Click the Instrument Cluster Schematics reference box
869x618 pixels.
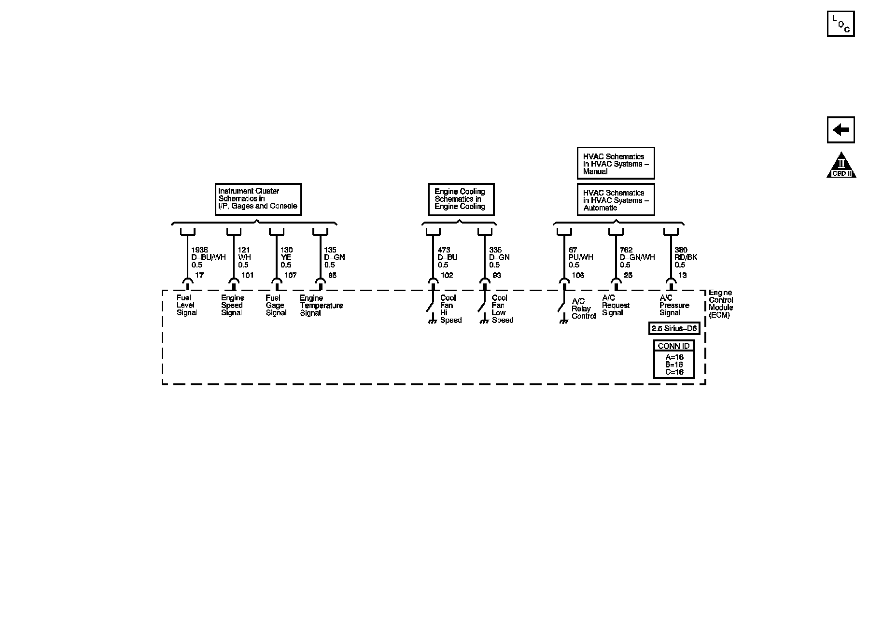pos(258,199)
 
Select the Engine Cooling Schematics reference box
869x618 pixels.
pos(461,199)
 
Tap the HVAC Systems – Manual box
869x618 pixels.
pos(616,164)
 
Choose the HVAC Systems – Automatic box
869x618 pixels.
pos(616,200)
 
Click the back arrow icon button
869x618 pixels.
pos(841,130)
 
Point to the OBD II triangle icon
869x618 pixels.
pos(841,166)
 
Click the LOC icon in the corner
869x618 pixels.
pos(841,24)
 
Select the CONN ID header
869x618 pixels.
pos(674,346)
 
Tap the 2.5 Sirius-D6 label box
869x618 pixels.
pos(674,329)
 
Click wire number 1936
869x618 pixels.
pos(199,250)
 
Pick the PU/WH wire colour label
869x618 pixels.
pos(581,257)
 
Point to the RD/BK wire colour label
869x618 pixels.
pos(686,257)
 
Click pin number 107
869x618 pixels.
pos(290,275)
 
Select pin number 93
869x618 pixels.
pos(497,275)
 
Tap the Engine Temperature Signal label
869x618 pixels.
pos(321,306)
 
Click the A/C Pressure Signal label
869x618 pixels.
pos(674,306)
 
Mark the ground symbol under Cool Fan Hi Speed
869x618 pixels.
pos(433,321)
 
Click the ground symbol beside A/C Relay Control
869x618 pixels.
pos(563,321)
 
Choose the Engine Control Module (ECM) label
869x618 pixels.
pos(720,304)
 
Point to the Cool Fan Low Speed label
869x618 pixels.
pos(502,309)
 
